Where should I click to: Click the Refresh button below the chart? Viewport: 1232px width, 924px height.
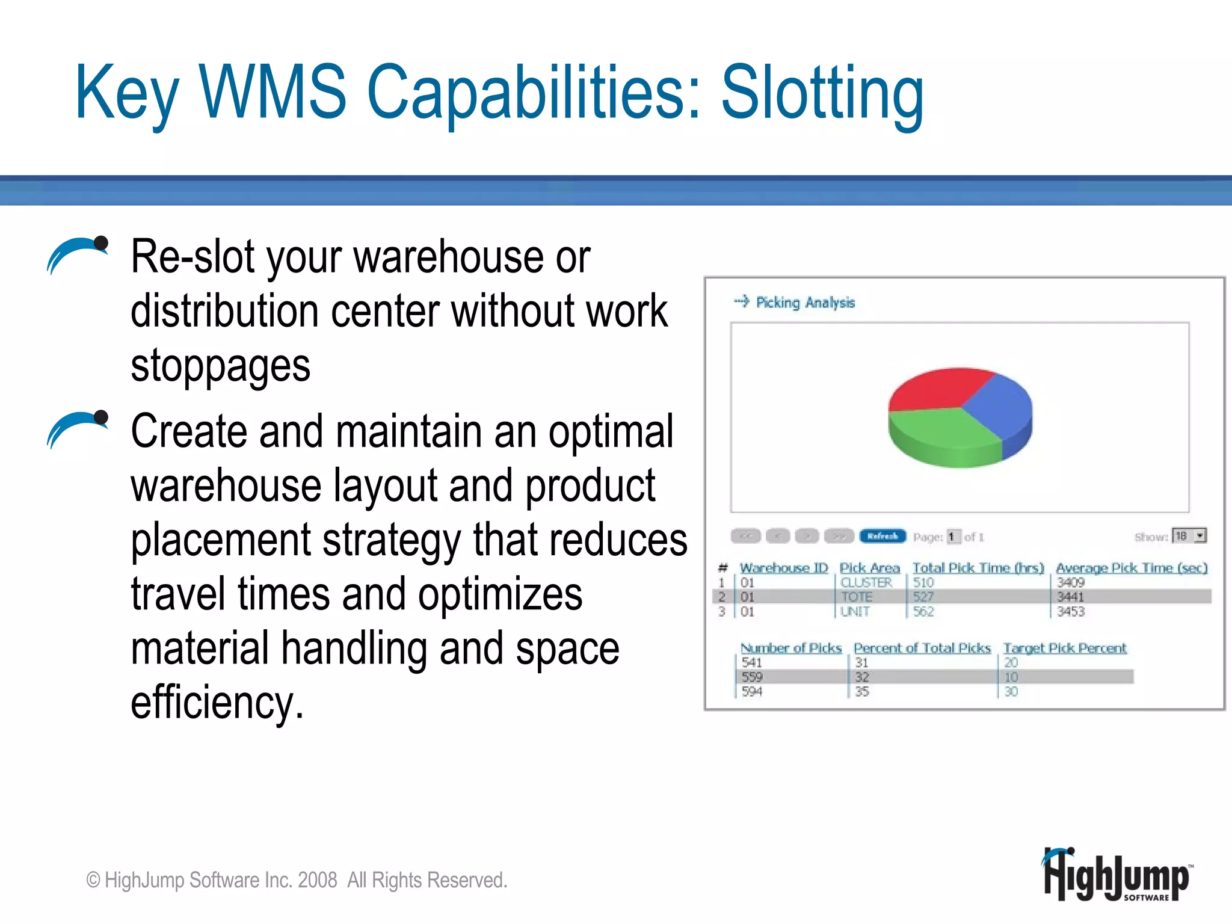[x=882, y=536]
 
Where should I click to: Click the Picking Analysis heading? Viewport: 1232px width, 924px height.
[x=805, y=303]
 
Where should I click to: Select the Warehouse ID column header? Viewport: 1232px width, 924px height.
[x=783, y=568]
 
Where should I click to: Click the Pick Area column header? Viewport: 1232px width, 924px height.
[x=869, y=568]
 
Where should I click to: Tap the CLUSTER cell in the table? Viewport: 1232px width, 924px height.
[x=866, y=582]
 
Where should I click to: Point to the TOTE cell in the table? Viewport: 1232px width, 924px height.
[x=857, y=597]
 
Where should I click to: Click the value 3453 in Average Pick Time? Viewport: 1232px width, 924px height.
[x=1071, y=612]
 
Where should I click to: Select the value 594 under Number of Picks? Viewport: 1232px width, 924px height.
[x=752, y=692]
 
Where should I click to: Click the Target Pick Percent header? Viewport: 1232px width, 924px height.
[x=1065, y=648]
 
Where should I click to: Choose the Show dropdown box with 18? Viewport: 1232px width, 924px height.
[x=1189, y=536]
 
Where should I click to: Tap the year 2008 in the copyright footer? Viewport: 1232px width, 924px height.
[x=317, y=880]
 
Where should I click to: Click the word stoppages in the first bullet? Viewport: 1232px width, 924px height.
[x=220, y=366]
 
